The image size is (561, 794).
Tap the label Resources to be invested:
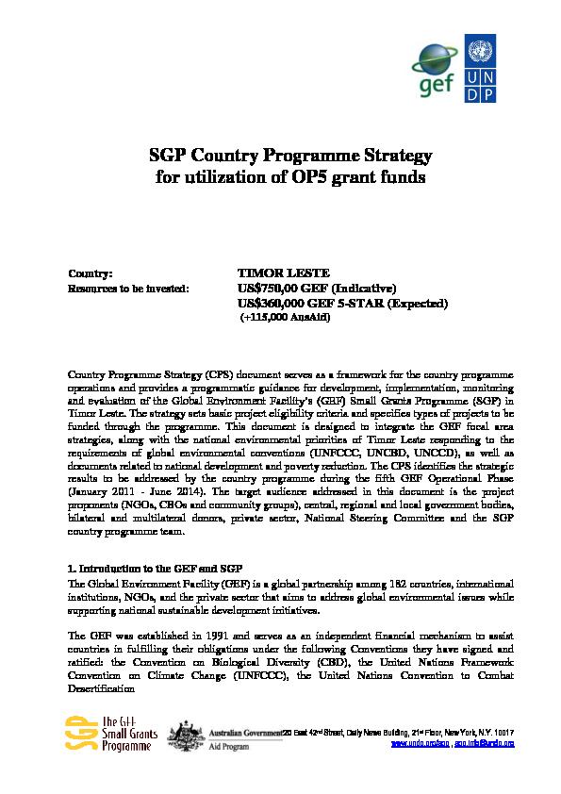pos(128,288)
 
